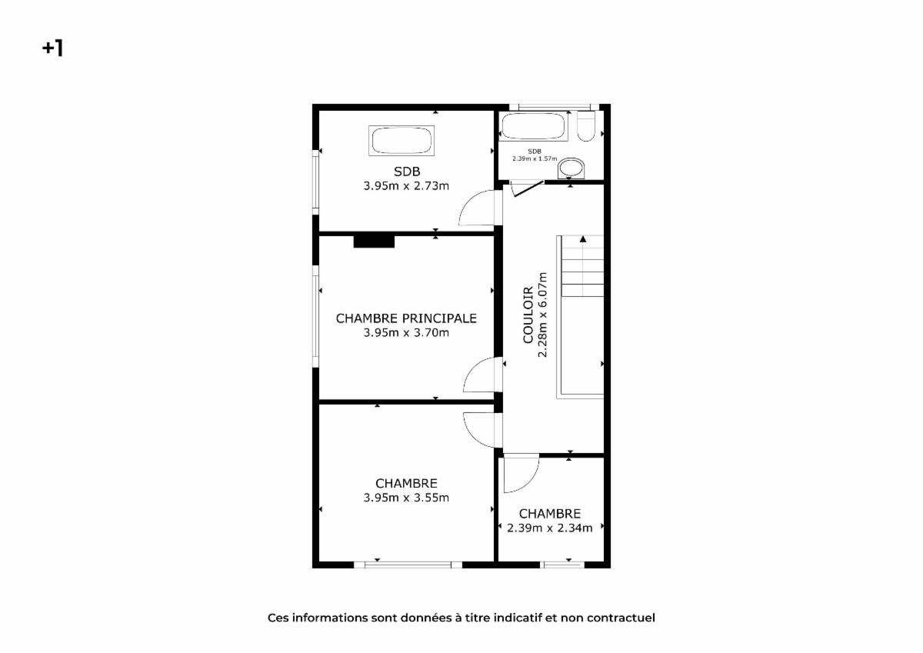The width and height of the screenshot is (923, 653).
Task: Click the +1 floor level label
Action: pos(53,48)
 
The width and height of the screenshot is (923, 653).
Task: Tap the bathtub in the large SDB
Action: pos(402,141)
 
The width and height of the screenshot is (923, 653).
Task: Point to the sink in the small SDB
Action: pos(571,168)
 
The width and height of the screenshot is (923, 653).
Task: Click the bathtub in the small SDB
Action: pos(533,125)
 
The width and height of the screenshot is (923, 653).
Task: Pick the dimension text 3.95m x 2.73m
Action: pos(406,186)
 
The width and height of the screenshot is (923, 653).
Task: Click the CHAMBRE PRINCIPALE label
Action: pos(406,318)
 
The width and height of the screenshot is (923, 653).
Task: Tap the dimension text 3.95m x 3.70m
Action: pos(406,332)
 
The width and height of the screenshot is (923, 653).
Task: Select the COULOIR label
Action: pos(528,315)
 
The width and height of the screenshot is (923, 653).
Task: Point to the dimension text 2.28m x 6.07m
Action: pos(542,315)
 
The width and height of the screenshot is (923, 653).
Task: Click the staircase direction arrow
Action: pos(583,238)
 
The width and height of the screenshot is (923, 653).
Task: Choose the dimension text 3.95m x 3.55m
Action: pos(406,498)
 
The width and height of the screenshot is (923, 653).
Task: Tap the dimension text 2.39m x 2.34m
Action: pos(550,528)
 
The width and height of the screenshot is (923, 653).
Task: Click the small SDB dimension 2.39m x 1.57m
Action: pos(535,158)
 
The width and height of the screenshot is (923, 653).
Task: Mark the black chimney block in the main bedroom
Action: pos(374,242)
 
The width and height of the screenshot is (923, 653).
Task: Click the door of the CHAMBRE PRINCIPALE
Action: pos(483,375)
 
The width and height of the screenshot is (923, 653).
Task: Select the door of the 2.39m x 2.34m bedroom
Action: pos(521,473)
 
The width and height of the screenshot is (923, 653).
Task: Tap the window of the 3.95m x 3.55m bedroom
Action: pos(408,565)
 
